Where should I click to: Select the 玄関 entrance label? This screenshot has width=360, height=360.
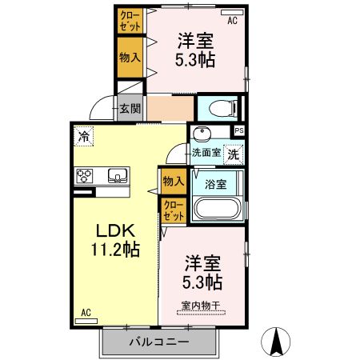[x=129, y=106]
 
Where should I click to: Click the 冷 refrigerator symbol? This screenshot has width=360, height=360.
[x=82, y=137]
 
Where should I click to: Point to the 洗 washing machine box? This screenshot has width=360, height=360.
[x=232, y=152]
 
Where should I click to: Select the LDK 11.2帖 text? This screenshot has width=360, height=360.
[x=114, y=239]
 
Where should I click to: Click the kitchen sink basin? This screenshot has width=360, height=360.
[x=116, y=175]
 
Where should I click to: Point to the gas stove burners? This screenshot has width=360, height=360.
[x=85, y=175]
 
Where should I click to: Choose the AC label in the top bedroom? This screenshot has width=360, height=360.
[x=232, y=21]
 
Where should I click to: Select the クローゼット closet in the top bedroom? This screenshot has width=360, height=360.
[x=128, y=20]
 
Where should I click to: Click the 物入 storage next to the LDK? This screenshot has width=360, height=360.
[x=174, y=181]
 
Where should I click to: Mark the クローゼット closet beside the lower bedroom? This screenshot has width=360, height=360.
[x=174, y=210]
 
